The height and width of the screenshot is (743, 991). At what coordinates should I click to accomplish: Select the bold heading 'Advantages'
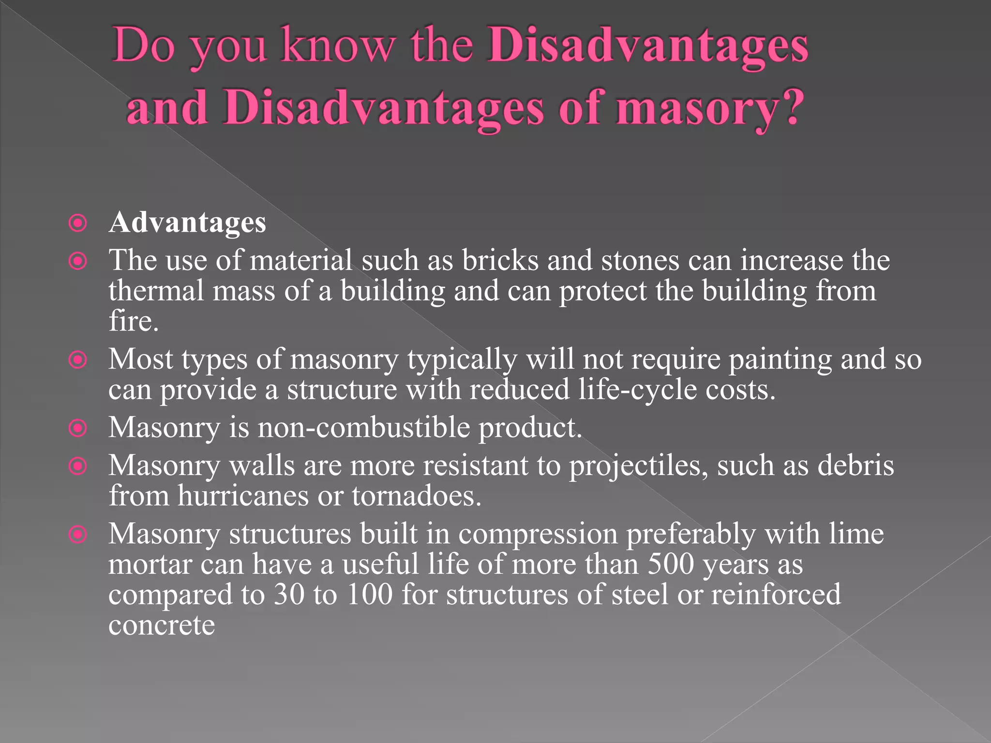pyautogui.click(x=187, y=223)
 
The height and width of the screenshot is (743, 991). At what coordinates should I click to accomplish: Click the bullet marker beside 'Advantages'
pyautogui.click(x=77, y=223)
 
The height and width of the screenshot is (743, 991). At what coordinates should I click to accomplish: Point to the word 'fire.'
pyautogui.click(x=134, y=321)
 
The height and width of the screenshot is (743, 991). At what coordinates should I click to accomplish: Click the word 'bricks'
pyautogui.click(x=500, y=260)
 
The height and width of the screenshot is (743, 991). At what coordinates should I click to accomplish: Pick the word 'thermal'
pyautogui.click(x=156, y=291)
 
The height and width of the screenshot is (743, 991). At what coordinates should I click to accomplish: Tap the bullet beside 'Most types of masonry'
pyautogui.click(x=77, y=360)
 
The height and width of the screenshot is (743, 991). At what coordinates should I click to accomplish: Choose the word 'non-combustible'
pyautogui.click(x=363, y=428)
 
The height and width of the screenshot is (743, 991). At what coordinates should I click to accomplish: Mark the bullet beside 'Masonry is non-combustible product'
pyautogui.click(x=77, y=428)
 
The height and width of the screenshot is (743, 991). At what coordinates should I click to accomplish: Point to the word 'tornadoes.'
pyautogui.click(x=417, y=496)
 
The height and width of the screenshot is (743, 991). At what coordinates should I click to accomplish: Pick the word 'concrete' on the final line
pyautogui.click(x=162, y=625)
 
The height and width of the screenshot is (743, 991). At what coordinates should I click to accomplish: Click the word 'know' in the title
pyautogui.click(x=338, y=46)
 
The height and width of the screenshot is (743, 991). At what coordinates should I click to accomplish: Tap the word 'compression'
pyautogui.click(x=538, y=535)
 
